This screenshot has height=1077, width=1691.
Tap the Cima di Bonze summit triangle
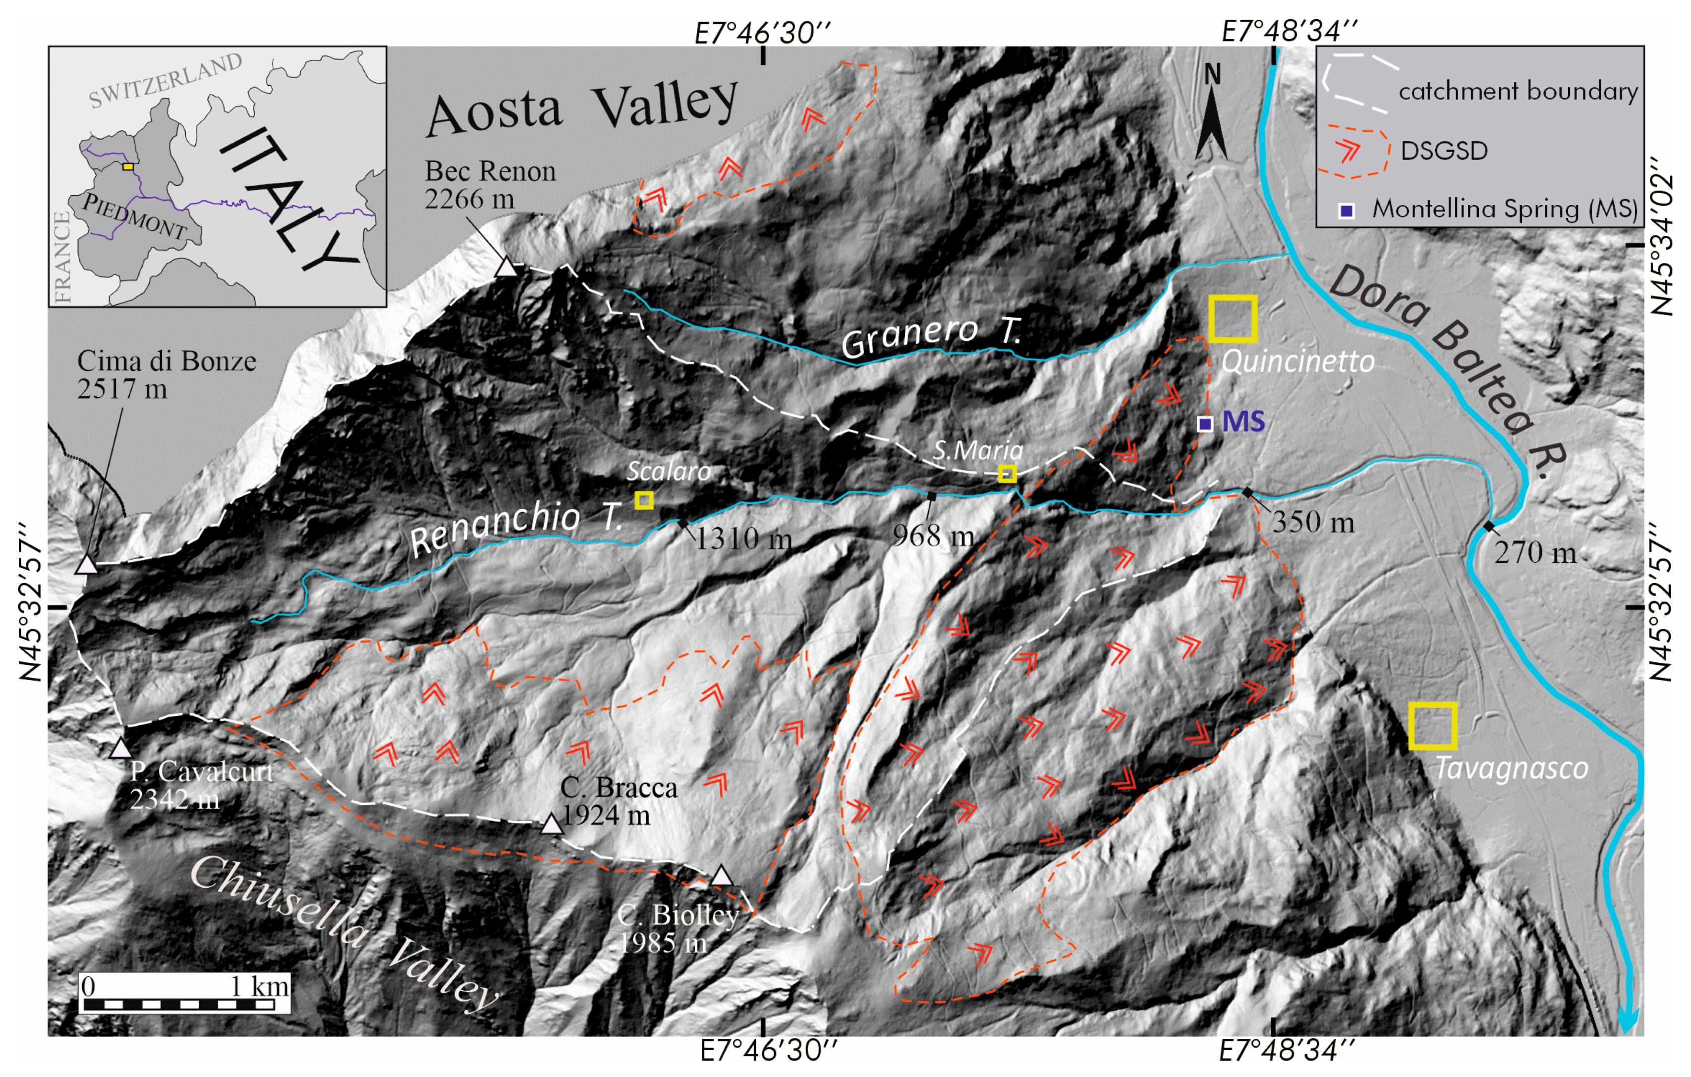tap(86, 564)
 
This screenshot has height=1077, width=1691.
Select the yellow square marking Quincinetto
tap(1233, 319)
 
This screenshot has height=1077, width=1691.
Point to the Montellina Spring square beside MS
tap(1204, 424)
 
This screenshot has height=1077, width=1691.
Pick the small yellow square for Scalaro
tap(644, 500)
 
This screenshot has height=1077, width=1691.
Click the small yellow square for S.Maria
tap(1008, 473)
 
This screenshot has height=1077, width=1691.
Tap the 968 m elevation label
tap(933, 537)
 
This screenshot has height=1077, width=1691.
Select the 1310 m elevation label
tap(743, 539)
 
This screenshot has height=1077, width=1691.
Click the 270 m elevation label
tap(1534, 553)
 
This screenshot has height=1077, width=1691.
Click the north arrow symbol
tap(1212, 116)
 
